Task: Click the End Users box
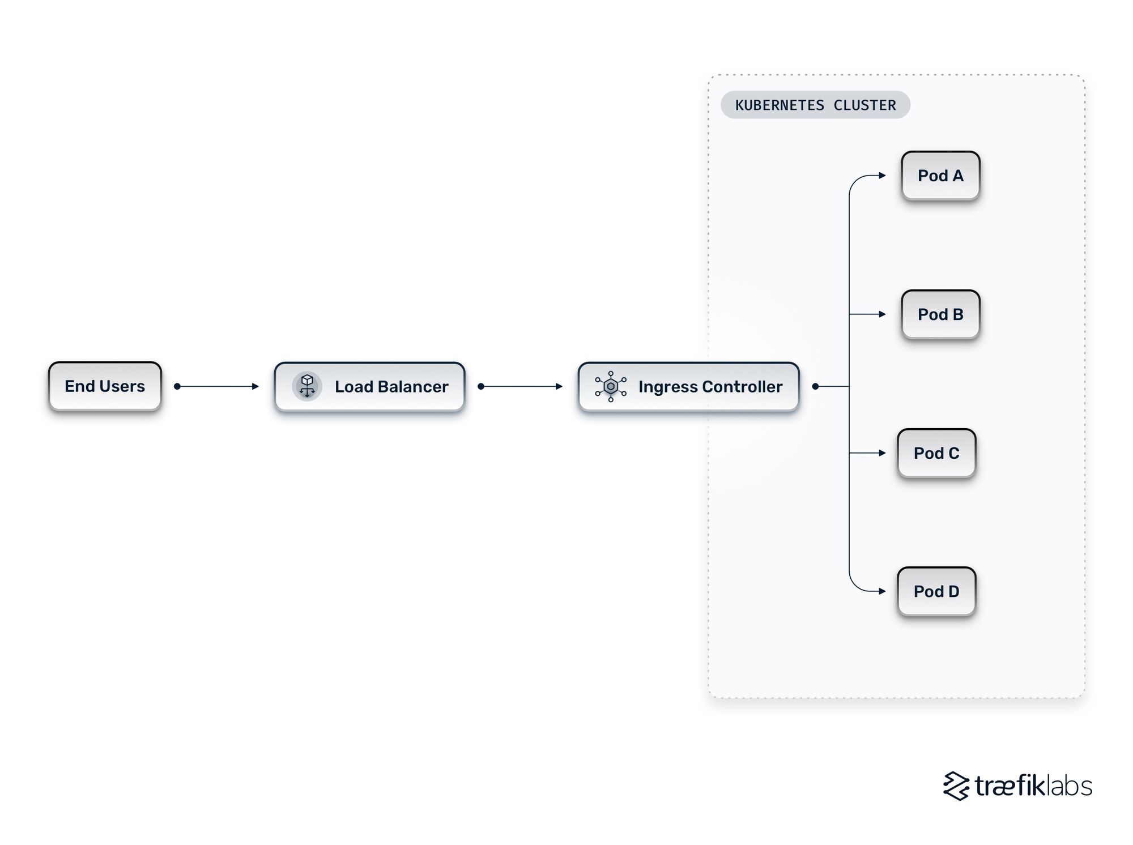(x=105, y=386)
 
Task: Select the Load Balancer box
(x=369, y=387)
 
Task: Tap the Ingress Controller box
(x=688, y=387)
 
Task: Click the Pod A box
(x=940, y=176)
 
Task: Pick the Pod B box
(x=940, y=314)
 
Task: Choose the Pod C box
(x=936, y=453)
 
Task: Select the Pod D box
(x=936, y=591)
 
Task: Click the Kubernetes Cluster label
(x=815, y=105)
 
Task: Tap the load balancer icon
(x=307, y=386)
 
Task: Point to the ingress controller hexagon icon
(x=611, y=386)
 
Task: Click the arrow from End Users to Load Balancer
(x=218, y=386)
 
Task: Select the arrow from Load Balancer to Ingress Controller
(x=521, y=386)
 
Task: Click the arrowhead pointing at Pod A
(x=882, y=176)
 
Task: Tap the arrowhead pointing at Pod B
(x=882, y=314)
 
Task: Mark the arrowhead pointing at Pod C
(x=882, y=453)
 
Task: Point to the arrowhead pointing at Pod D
(x=882, y=591)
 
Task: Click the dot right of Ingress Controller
(x=815, y=386)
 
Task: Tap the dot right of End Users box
(x=177, y=386)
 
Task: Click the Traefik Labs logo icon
(x=956, y=786)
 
